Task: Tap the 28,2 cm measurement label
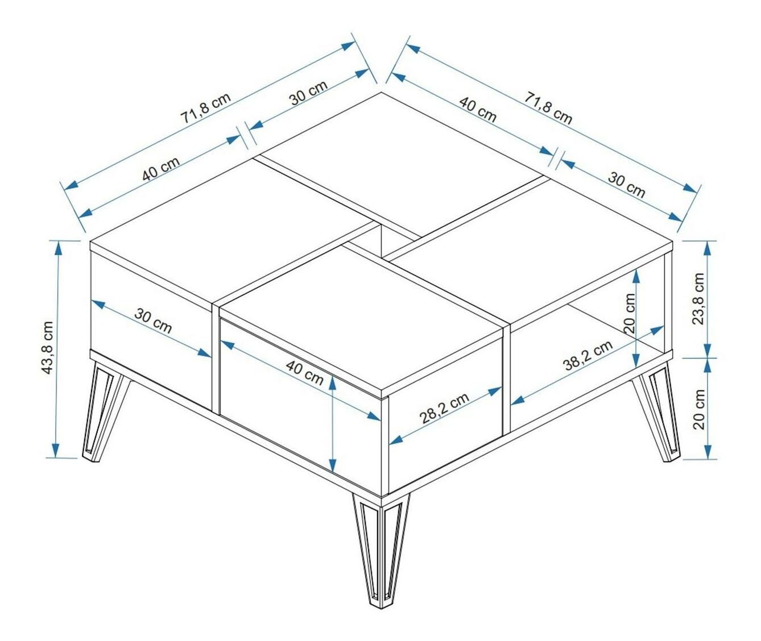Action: tap(445, 408)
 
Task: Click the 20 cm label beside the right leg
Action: tap(699, 409)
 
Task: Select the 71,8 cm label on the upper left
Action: tap(206, 108)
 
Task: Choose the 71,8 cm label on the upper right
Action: tap(548, 108)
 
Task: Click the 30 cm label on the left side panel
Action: tap(153, 320)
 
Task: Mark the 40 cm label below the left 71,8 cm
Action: tap(161, 169)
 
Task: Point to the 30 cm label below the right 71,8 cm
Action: tap(627, 185)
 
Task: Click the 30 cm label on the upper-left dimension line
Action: tap(309, 93)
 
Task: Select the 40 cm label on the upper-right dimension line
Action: tap(477, 109)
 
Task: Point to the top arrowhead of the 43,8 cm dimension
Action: tap(57, 247)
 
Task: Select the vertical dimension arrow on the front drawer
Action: tap(332, 424)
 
